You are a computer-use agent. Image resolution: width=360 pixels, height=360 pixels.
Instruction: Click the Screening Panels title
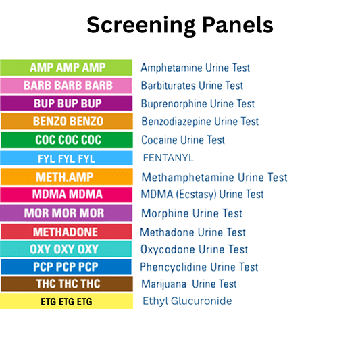180,25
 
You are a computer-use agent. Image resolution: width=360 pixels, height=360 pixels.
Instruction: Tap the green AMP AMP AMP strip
66,68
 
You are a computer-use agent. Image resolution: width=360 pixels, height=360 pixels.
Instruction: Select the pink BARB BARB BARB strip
66,86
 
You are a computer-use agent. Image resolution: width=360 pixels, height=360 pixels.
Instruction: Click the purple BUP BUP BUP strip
66,104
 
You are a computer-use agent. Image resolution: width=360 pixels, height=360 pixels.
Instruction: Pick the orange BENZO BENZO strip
66,122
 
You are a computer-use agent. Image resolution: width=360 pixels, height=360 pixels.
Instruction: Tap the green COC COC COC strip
66,140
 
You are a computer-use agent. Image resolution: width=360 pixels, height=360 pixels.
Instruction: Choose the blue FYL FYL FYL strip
66,158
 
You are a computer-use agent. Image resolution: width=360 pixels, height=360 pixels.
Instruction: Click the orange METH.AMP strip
66,177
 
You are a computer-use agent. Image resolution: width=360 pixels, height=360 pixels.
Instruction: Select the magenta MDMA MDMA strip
66,195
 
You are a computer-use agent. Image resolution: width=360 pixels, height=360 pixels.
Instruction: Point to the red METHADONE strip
66,232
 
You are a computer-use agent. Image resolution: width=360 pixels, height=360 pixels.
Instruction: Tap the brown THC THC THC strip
66,284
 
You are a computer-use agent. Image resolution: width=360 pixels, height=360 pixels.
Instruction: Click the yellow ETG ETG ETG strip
66,301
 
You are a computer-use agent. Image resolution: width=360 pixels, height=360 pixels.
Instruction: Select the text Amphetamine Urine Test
195,68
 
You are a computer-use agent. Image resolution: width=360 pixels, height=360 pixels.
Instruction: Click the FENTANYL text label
168,158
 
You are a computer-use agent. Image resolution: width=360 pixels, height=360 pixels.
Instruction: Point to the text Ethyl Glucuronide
187,301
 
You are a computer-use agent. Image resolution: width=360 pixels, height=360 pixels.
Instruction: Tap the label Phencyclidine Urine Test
199,267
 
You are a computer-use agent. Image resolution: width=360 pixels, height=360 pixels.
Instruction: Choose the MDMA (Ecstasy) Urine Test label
202,195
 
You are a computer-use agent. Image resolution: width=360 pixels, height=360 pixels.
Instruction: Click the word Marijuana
164,284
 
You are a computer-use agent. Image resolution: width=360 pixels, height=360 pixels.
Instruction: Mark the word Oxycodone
165,249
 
